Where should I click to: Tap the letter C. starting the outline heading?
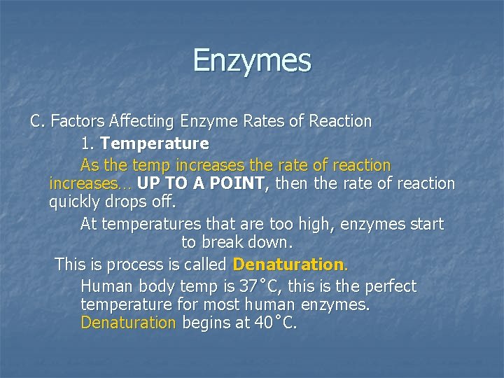coord(37,121)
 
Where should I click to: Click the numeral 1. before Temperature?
coord(87,144)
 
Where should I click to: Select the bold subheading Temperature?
coord(154,144)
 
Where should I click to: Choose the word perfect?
coord(387,286)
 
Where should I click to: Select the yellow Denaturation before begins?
coord(128,323)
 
